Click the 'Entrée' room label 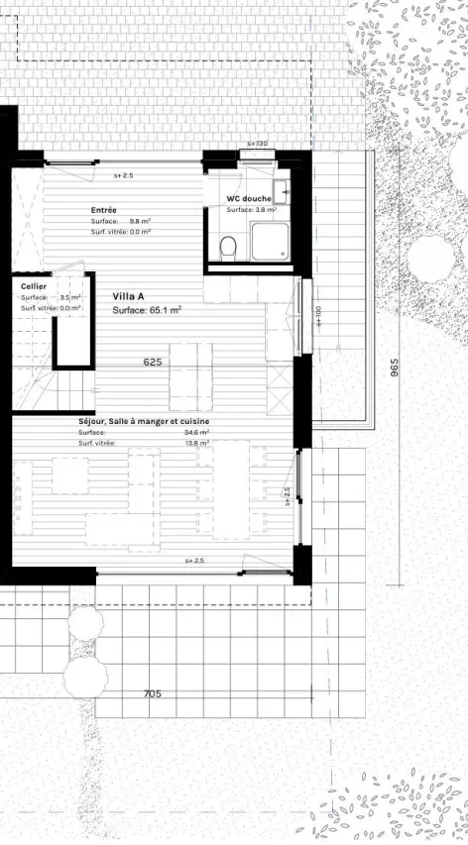pyautogui.click(x=104, y=210)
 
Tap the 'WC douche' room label pyautogui.click(x=249, y=198)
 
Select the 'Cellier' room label pyautogui.click(x=34, y=285)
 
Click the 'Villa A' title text pyautogui.click(x=129, y=296)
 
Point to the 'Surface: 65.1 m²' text pyautogui.click(x=147, y=310)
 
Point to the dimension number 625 pyautogui.click(x=152, y=363)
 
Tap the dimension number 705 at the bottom pyautogui.click(x=152, y=693)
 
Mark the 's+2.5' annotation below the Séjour pyautogui.click(x=195, y=562)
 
